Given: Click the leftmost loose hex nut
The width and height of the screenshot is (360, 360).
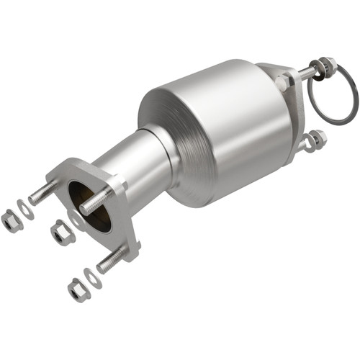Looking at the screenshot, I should click(x=12, y=221).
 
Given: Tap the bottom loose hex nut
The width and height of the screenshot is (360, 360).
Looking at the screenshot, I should click(x=78, y=289).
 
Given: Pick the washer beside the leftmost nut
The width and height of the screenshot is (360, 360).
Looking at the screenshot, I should click(x=26, y=210).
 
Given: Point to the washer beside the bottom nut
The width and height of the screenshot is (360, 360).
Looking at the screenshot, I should click(x=93, y=276).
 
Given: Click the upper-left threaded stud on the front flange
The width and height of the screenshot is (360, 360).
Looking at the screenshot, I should click(x=43, y=194).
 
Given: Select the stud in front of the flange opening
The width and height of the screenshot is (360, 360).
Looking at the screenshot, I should click(x=95, y=202).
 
